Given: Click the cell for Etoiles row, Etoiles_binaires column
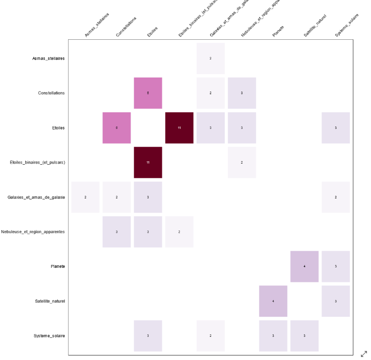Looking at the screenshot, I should pyautogui.click(x=179, y=128).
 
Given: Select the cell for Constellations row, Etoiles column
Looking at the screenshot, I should pyautogui.click(x=148, y=93).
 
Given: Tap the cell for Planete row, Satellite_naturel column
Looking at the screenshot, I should pyautogui.click(x=304, y=266).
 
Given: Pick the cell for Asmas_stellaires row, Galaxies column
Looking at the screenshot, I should pyautogui.click(x=210, y=58).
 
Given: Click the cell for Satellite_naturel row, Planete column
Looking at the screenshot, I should pyautogui.click(x=273, y=301).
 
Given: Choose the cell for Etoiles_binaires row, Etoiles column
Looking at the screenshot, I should pyautogui.click(x=148, y=163).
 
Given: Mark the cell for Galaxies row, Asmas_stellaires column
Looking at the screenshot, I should pyautogui.click(x=85, y=197).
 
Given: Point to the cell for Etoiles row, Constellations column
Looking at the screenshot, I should pyautogui.click(x=116, y=128).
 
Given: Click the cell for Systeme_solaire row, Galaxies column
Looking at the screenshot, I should pyautogui.click(x=210, y=335).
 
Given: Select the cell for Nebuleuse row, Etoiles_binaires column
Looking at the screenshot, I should pyautogui.click(x=179, y=232).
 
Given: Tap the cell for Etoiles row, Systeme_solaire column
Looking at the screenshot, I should pyautogui.click(x=335, y=128).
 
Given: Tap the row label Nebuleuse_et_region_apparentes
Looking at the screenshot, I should pyautogui.click(x=33, y=232).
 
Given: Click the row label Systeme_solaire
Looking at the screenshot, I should pyautogui.click(x=49, y=336).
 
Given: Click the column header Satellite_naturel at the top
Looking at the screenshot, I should pyautogui.click(x=315, y=27).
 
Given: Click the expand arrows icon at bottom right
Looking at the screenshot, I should pyautogui.click(x=364, y=354).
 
